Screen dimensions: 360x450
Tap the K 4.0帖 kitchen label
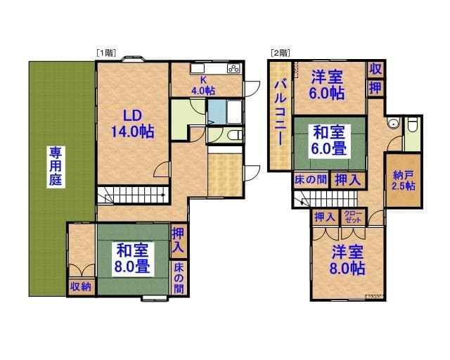pyautogui.click(x=203, y=84)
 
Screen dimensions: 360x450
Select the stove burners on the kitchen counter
pyautogui.click(x=233, y=69)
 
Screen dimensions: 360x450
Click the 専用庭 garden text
pyautogui.click(x=55, y=165)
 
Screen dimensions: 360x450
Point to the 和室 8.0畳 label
pyautogui.click(x=131, y=257)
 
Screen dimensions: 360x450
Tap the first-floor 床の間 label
pyautogui.click(x=179, y=278)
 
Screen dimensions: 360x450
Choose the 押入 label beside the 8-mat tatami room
pyautogui.click(x=179, y=240)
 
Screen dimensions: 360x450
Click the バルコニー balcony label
pyautogui.click(x=279, y=112)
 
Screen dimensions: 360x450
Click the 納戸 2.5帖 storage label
pyautogui.click(x=403, y=180)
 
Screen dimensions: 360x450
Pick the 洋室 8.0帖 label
pyautogui.click(x=347, y=260)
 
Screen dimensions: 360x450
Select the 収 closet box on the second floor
pyautogui.click(x=375, y=69)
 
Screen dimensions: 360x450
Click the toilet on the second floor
pyautogui.click(x=413, y=124)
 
